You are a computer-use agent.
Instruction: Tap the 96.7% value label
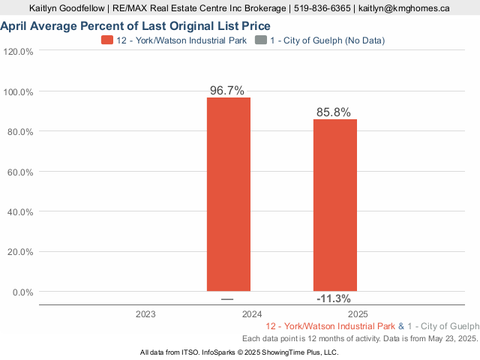coord(227,90)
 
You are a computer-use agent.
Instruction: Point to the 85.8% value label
coord(334,112)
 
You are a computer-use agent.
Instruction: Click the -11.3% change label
coord(334,298)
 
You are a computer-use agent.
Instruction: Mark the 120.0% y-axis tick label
coord(19,52)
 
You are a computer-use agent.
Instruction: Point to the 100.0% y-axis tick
coord(19,91)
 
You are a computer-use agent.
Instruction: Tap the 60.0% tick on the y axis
coord(19,172)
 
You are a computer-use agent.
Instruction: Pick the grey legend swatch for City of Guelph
coord(260,40)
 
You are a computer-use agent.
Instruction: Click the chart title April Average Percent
coord(135,26)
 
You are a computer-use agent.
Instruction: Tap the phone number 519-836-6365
coord(321,8)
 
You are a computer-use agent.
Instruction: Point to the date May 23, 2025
coord(448,339)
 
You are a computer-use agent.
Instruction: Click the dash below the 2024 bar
coord(227,299)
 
